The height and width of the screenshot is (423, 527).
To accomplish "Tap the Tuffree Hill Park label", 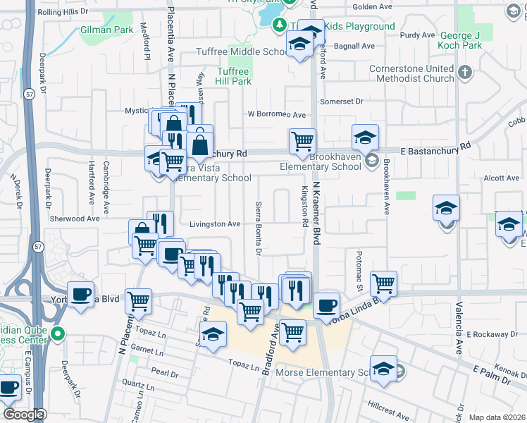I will pyautogui.click(x=233, y=76).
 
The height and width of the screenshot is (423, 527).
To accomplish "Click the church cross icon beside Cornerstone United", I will pyautogui.click(x=464, y=73).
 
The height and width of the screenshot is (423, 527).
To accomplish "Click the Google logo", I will pyautogui.click(x=23, y=415).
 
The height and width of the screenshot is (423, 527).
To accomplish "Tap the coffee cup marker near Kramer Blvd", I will pyautogui.click(x=325, y=305).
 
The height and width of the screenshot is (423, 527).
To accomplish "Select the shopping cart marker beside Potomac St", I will pyautogui.click(x=383, y=283).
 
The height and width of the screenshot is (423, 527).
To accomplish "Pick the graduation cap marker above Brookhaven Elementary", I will pyautogui.click(x=366, y=137).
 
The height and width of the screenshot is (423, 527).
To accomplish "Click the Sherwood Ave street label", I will pyautogui.click(x=74, y=219).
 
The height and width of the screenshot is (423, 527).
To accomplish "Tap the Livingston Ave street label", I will pyautogui.click(x=215, y=224).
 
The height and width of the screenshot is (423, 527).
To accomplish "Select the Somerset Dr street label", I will pyautogui.click(x=340, y=102).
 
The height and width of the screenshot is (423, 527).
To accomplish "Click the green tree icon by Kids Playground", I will pyautogui.click(x=279, y=25).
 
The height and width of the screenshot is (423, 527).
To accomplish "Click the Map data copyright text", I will pyautogui.click(x=496, y=417).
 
